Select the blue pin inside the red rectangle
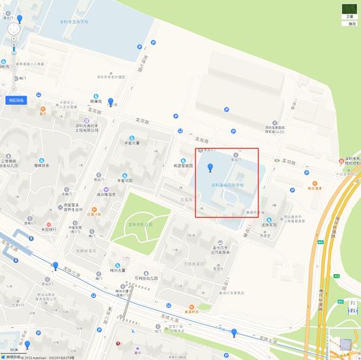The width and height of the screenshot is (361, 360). click(x=210, y=169)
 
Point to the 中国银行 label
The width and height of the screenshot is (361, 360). click(x=49, y=229)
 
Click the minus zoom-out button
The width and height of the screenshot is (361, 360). click(x=13, y=88)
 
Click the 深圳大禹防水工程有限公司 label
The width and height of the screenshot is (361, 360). click(x=86, y=128)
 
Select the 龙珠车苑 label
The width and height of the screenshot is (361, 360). click(x=269, y=225)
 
